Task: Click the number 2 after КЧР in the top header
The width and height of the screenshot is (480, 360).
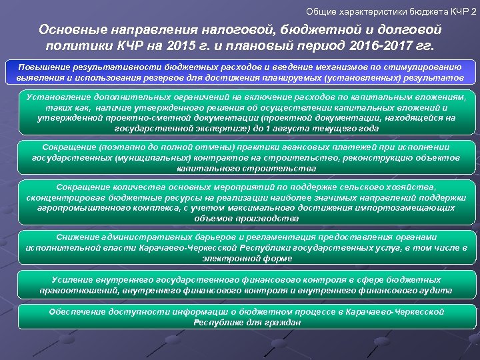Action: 473,12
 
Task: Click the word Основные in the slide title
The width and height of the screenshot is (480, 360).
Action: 71,31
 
